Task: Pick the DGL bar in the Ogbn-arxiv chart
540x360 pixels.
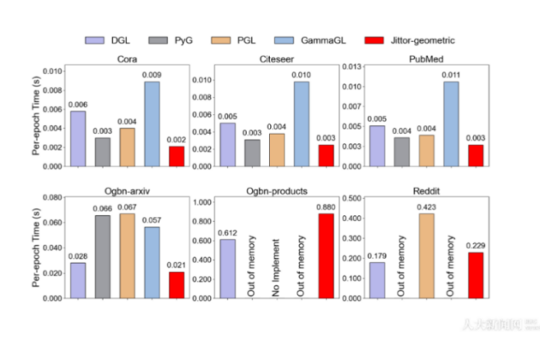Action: pyautogui.click(x=77, y=280)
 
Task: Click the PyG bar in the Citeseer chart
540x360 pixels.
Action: pyautogui.click(x=252, y=152)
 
